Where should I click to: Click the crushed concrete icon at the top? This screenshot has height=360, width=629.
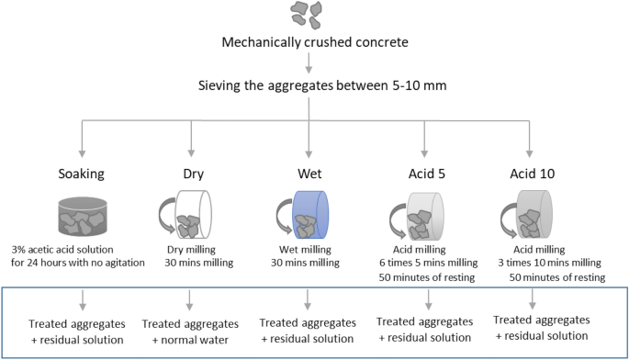pyautogui.click(x=309, y=13)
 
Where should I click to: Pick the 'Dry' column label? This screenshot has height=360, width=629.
pyautogui.click(x=191, y=172)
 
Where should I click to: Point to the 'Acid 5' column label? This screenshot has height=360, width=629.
pyautogui.click(x=424, y=172)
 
